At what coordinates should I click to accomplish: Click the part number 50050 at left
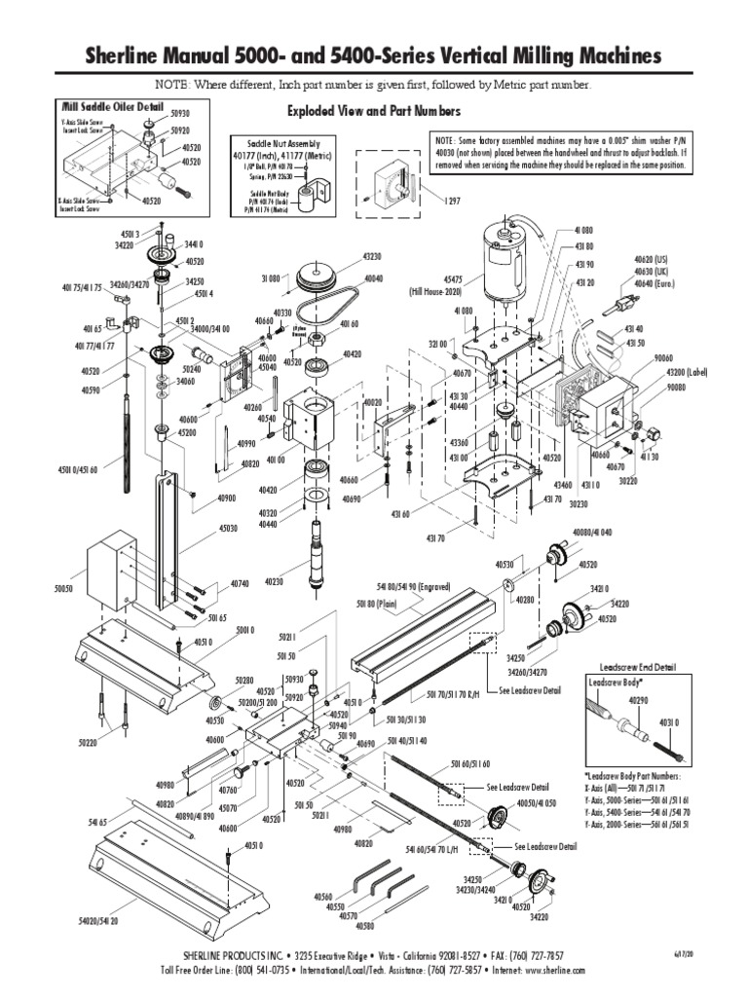63,589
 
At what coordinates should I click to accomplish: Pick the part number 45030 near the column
228,529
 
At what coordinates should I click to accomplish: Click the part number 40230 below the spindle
272,581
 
